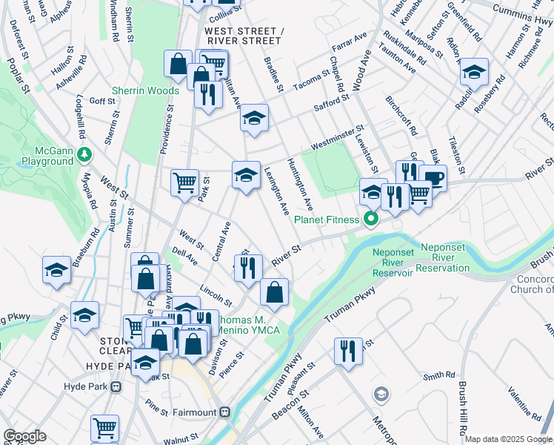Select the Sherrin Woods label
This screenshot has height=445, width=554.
point(145,91)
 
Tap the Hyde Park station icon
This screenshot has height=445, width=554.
point(115,387)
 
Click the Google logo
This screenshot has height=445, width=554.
point(25,436)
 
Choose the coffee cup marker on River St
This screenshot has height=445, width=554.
point(433,177)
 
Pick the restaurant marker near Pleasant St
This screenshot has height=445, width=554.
point(347,350)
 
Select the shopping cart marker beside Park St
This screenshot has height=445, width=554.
point(184,181)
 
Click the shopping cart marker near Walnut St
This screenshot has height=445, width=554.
point(104,427)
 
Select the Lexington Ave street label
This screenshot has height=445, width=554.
point(276,191)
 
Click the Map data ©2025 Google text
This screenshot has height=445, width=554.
point(508,439)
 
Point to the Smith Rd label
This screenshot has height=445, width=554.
point(438,377)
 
